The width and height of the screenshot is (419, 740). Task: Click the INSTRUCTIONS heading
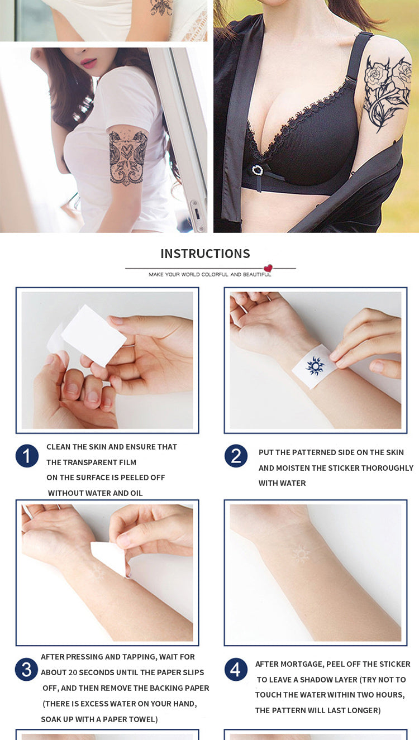tap(205, 254)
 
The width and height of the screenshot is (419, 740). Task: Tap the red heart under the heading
tap(268, 268)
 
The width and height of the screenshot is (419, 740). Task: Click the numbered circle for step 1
tap(27, 456)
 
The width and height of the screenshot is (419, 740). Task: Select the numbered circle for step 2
tap(236, 456)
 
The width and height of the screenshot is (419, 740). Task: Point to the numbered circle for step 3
tap(26, 669)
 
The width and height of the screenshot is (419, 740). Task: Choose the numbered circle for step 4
tap(236, 669)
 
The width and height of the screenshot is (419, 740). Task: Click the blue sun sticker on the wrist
tap(315, 366)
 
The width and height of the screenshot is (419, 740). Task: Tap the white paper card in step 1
tap(93, 335)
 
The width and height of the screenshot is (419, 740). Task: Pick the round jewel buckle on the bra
tap(257, 170)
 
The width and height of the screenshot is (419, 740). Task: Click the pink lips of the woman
tap(89, 63)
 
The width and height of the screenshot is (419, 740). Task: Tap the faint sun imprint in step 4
tap(301, 555)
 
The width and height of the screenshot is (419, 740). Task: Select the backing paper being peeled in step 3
tap(109, 559)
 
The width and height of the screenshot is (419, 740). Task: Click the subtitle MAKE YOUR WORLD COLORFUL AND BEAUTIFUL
tap(210, 275)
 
